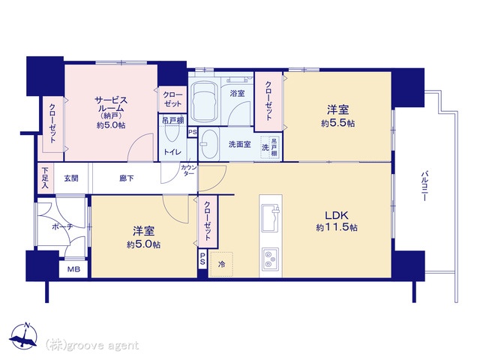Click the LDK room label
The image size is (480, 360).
(337, 215)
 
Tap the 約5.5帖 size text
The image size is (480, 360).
(338, 123)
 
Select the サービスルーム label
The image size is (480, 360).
(111, 104)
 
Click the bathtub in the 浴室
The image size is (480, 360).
(204, 102)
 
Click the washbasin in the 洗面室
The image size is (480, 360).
(210, 145)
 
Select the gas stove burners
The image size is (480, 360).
(270, 259)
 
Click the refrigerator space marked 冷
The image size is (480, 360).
(221, 264)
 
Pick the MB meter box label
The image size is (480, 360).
(73, 269)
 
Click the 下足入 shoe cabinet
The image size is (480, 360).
(45, 178)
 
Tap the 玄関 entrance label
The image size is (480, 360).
(71, 178)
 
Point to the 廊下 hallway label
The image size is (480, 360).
(127, 178)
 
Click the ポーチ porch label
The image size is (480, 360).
(62, 226)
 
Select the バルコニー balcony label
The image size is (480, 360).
(424, 187)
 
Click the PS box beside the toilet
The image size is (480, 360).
(193, 133)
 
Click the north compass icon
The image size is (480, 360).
(23, 335)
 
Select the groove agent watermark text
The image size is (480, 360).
(92, 346)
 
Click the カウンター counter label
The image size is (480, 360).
(189, 170)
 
